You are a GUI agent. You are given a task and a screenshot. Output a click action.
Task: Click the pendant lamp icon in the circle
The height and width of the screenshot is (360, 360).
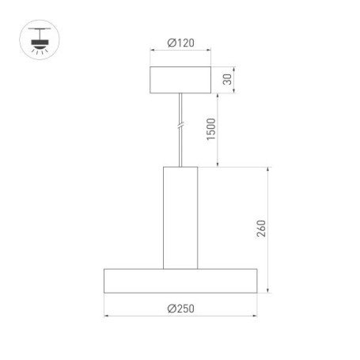(x=36, y=39)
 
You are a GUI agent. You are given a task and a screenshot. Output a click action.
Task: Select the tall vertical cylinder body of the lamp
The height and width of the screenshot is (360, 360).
(x=180, y=218)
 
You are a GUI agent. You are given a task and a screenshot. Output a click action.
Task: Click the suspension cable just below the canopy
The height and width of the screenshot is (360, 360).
(x=180, y=98)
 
